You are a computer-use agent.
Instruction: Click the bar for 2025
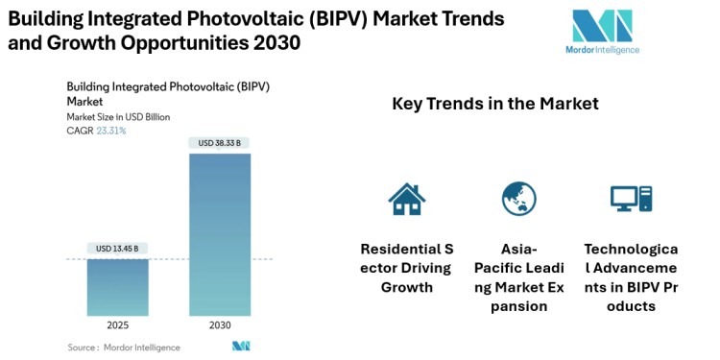117,287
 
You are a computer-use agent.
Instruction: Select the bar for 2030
219,234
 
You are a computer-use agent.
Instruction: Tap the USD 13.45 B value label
117,249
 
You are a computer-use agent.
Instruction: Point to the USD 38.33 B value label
219,143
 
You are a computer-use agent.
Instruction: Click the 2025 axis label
117,326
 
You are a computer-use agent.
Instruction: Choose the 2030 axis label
219,326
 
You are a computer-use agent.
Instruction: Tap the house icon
406,198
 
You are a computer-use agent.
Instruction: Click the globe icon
518,198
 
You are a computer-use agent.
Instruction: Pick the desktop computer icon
631,198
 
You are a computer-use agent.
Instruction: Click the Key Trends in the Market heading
495,104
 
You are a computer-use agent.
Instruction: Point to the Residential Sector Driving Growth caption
406,268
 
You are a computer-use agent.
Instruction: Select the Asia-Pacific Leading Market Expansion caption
518,277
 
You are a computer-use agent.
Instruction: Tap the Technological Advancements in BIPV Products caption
631,277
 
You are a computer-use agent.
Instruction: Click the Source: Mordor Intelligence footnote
119,347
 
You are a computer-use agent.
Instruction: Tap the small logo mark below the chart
241,346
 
